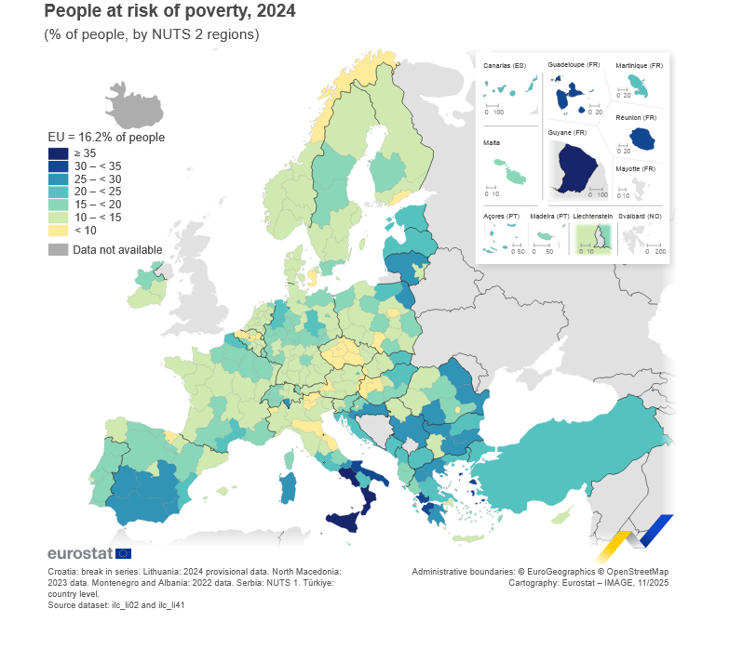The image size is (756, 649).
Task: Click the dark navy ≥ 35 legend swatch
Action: pyautogui.click(x=58, y=153)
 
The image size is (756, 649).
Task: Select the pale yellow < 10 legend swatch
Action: pyautogui.click(x=58, y=230)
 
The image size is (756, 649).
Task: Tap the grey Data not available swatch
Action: pyautogui.click(x=58, y=250)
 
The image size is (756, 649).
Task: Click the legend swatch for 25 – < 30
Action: pyautogui.click(x=58, y=179)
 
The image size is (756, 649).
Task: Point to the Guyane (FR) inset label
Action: pyautogui.click(x=567, y=132)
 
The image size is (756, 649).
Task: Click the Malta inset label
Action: pyautogui.click(x=491, y=143)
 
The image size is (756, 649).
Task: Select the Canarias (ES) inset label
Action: pyautogui.click(x=504, y=65)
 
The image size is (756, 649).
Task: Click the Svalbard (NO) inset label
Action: pyautogui.click(x=641, y=216)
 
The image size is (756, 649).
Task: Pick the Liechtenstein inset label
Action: pyautogui.click(x=592, y=216)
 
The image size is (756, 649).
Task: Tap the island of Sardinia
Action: pyautogui.click(x=289, y=487)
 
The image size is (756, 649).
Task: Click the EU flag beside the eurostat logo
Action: pyautogui.click(x=123, y=554)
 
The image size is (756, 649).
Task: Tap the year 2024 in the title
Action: pyautogui.click(x=277, y=12)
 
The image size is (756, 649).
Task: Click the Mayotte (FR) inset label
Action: pyautogui.click(x=636, y=168)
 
